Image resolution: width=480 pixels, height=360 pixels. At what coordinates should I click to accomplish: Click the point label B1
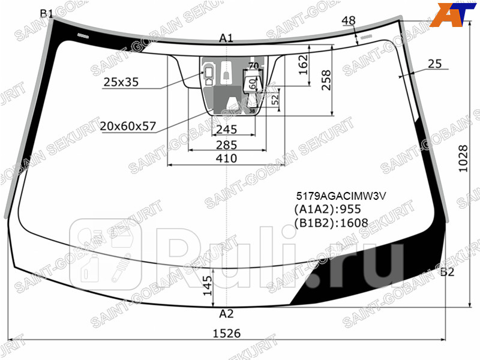(46, 13)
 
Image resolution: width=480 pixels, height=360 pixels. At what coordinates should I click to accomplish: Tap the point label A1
(226, 38)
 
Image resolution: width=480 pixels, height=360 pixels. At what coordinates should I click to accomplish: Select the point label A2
(226, 313)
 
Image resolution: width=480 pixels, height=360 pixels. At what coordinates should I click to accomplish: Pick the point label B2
(447, 272)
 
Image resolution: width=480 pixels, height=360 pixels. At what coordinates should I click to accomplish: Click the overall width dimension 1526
(226, 334)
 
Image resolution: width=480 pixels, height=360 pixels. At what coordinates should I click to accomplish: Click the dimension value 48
(349, 21)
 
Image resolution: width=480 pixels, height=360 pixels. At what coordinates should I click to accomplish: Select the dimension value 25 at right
(435, 64)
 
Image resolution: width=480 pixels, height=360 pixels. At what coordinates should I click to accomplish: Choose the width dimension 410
(226, 158)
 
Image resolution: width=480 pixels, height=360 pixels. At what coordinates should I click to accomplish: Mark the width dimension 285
(226, 145)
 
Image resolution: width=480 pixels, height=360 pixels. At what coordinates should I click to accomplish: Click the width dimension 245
(226, 130)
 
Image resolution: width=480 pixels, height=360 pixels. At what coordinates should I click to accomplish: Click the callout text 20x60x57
(128, 126)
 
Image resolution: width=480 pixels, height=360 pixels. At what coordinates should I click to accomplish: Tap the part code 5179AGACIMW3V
(341, 196)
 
